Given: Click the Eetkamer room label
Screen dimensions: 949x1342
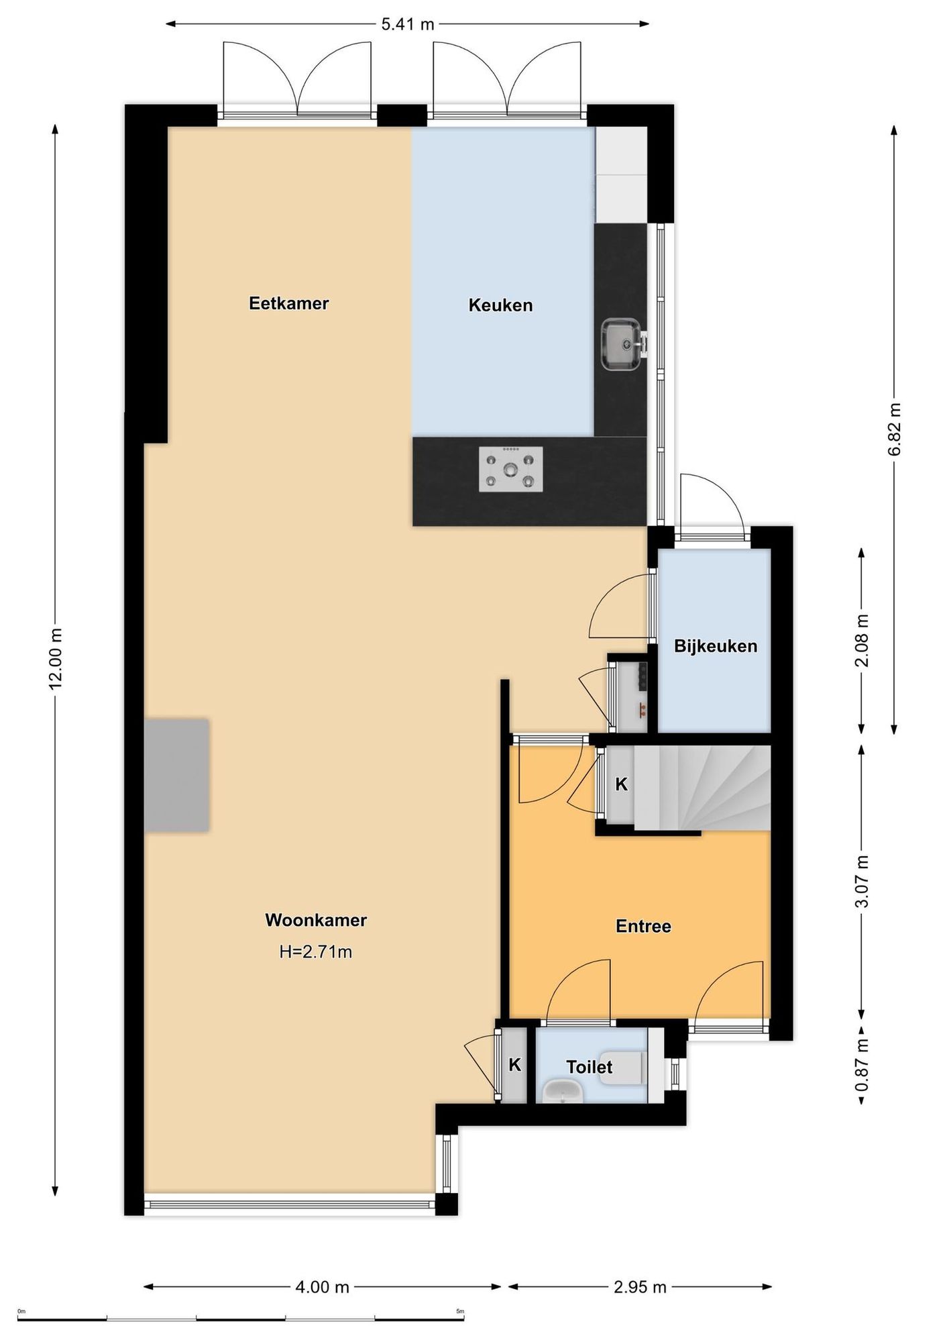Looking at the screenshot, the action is point(288,303).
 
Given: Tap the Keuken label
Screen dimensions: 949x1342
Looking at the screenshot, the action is point(500,305).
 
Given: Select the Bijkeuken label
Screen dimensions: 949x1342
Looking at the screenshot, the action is point(716,646).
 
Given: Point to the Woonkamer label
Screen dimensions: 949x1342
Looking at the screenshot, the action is point(316,920).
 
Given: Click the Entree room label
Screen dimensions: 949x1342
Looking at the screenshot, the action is point(643,926).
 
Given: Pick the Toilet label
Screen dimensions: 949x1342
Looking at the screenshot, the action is point(589,1067).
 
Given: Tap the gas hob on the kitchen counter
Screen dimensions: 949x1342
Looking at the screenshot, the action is point(511,469).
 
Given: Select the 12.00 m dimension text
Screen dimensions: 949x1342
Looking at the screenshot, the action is point(56,658).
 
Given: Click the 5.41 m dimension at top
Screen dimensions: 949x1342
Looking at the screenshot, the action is point(408,25).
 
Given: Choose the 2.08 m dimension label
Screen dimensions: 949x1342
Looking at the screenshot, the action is point(862,640).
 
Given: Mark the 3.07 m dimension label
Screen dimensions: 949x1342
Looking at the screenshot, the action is point(862,881).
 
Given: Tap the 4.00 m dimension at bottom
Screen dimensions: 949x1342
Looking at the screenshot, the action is point(323,1287).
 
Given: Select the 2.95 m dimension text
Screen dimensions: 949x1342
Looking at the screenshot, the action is point(640,1287).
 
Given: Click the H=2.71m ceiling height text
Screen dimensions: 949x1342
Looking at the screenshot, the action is point(316,951).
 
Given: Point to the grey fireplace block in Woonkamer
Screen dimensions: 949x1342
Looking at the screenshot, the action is point(176,775).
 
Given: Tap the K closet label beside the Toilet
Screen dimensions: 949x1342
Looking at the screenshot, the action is point(515,1065).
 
